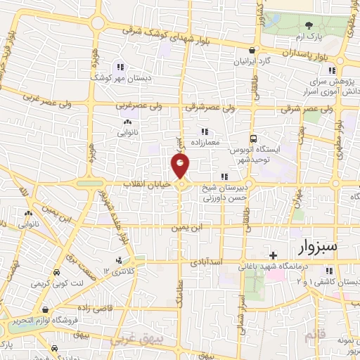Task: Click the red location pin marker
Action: pyautogui.click(x=181, y=166)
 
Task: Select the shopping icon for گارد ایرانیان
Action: pyautogui.click(x=253, y=49)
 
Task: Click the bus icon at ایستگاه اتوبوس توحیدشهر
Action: pyautogui.click(x=254, y=139)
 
